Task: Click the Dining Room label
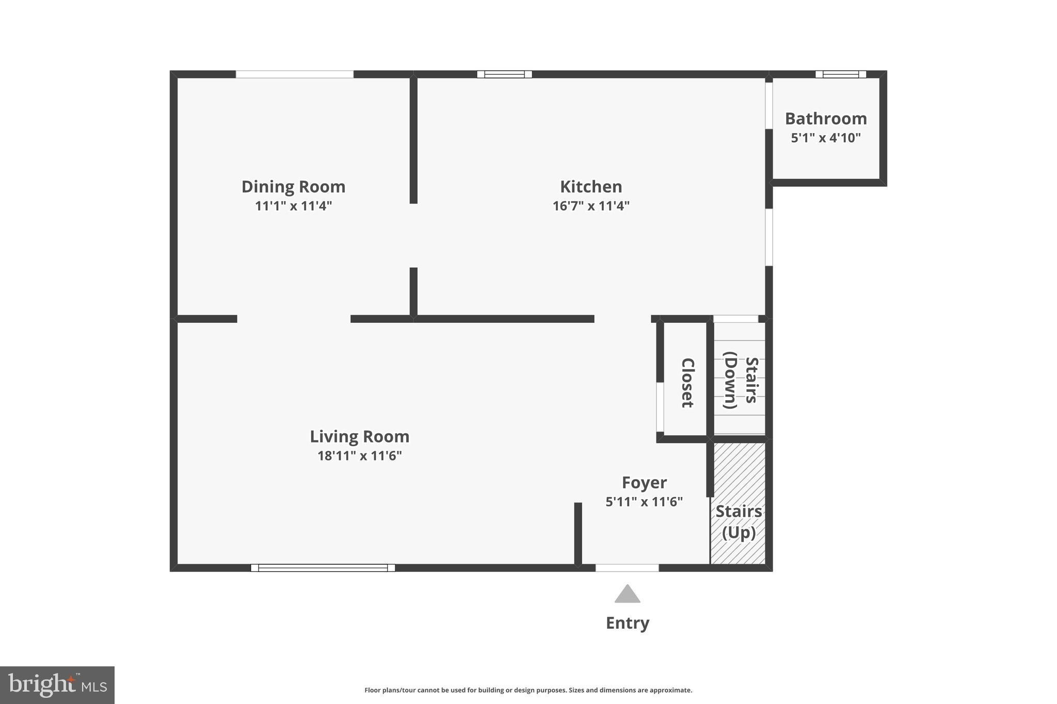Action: tap(293, 187)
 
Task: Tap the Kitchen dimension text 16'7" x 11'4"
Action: tap(591, 206)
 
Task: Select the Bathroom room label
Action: tap(826, 119)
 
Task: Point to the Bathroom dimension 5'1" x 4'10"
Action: tap(826, 138)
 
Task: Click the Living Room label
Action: tap(359, 437)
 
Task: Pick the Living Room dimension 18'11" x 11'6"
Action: tap(359, 456)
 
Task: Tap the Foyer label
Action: tap(644, 483)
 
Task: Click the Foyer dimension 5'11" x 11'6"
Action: tap(644, 502)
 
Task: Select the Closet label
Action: tap(687, 383)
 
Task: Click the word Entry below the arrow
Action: tap(627, 623)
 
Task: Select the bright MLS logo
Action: tap(57, 685)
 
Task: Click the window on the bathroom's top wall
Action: tap(840, 74)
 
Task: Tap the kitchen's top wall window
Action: tap(504, 74)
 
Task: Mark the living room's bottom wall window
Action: tap(323, 568)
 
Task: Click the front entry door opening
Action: tap(627, 568)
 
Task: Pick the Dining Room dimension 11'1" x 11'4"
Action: tap(293, 206)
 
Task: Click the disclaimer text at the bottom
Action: tap(528, 690)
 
